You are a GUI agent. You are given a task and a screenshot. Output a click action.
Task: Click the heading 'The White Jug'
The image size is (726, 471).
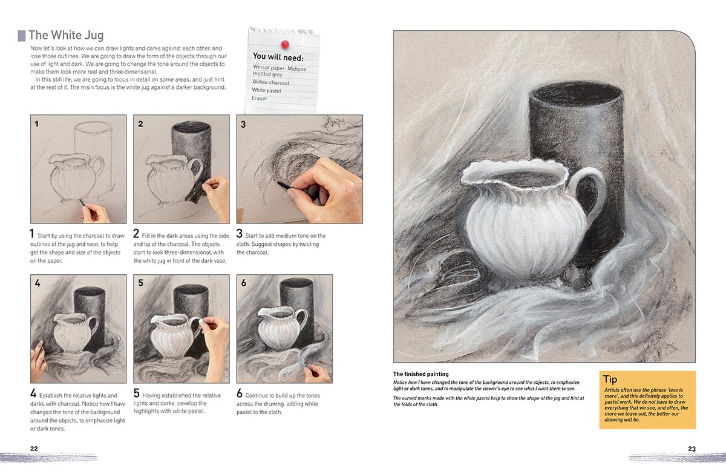(x=67, y=36)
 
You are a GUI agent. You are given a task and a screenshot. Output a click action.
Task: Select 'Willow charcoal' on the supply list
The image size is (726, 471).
(x=270, y=82)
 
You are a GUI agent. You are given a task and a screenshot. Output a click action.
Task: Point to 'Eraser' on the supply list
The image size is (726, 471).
(x=260, y=98)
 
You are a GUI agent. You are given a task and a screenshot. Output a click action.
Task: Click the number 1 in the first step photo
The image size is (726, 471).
(x=37, y=124)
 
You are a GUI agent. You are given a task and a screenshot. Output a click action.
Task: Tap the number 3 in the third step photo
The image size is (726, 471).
(x=243, y=124)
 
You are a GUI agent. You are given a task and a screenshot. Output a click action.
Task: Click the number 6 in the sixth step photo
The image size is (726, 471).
(x=243, y=283)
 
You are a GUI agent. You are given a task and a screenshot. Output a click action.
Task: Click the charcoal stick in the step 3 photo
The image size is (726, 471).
(x=283, y=182)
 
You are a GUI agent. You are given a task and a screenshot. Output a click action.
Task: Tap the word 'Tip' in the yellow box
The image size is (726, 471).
(x=610, y=380)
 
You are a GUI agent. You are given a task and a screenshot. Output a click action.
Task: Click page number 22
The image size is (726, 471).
(x=34, y=449)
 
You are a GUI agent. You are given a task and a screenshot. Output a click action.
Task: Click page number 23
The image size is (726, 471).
(x=692, y=449)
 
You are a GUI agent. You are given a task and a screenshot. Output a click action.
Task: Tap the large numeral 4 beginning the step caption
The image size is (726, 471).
(x=34, y=394)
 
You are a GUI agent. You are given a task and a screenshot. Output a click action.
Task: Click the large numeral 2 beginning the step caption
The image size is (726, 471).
(x=137, y=234)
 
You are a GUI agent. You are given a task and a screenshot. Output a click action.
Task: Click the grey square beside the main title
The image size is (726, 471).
(x=22, y=36)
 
